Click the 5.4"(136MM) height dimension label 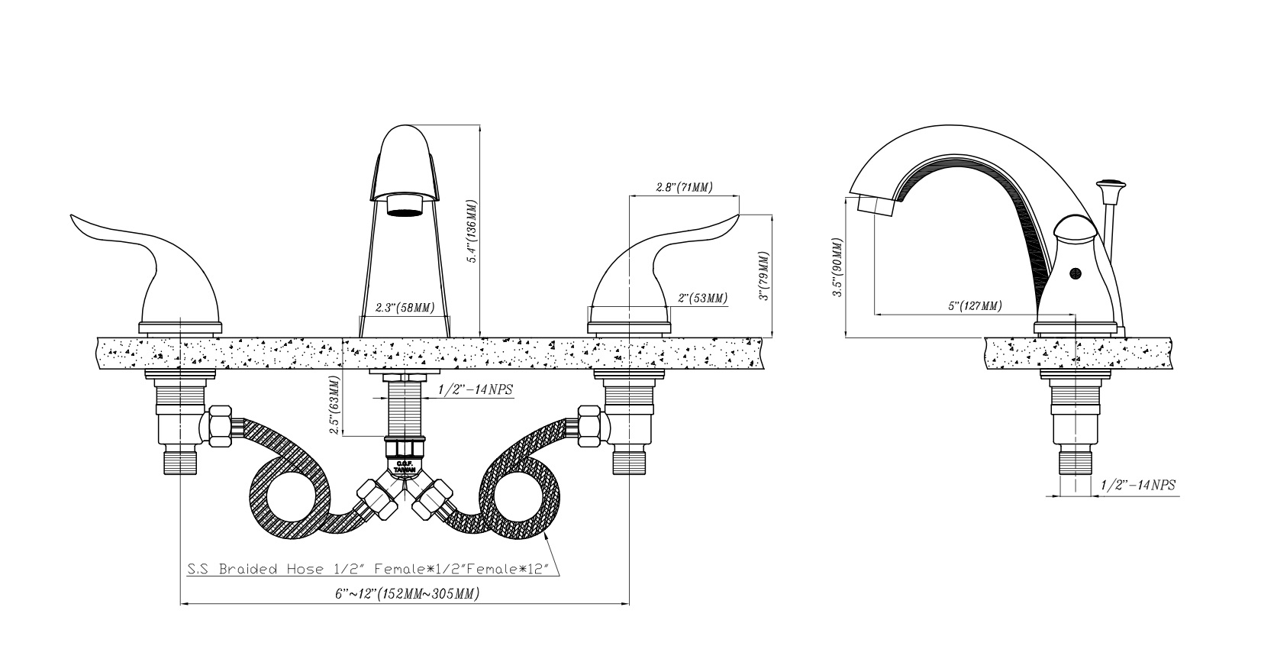473,232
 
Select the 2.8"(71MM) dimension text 684,187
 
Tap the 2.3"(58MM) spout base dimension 405,308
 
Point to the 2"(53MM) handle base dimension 701,298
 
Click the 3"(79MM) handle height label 764,276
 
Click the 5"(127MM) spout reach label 974,305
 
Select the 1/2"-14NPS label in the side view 1137,485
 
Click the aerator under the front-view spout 405,205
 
